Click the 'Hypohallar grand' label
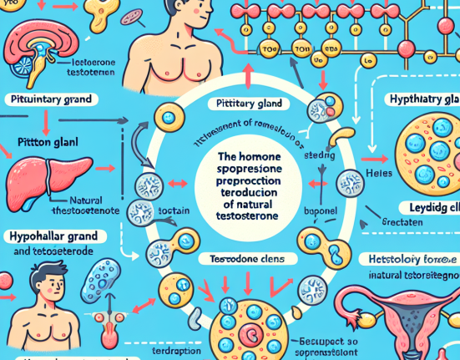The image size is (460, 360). click(49, 236)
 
